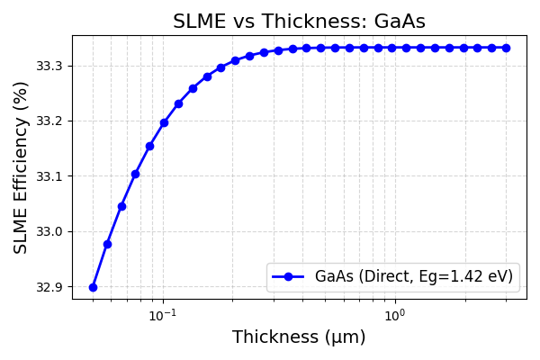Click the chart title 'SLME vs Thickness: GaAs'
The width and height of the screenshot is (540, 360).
pyautogui.click(x=299, y=22)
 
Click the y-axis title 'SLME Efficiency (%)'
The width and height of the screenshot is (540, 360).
pyautogui.click(x=22, y=167)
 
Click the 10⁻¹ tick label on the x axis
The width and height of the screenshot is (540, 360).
pyautogui.click(x=162, y=315)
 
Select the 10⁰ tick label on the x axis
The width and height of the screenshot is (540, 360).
pyautogui.click(x=394, y=315)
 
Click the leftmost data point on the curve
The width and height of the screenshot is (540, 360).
pyautogui.click(x=93, y=287)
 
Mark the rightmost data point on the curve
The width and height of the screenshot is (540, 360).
pyautogui.click(x=506, y=48)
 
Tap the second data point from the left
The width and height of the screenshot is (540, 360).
pyautogui.click(x=107, y=244)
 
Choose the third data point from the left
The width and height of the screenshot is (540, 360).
pyautogui.click(x=121, y=206)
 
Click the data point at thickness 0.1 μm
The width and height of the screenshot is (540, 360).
pyautogui.click(x=164, y=122)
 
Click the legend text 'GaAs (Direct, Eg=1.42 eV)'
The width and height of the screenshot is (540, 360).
pyautogui.click(x=414, y=276)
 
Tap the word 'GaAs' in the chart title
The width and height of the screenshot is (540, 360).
pyautogui.click(x=402, y=22)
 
